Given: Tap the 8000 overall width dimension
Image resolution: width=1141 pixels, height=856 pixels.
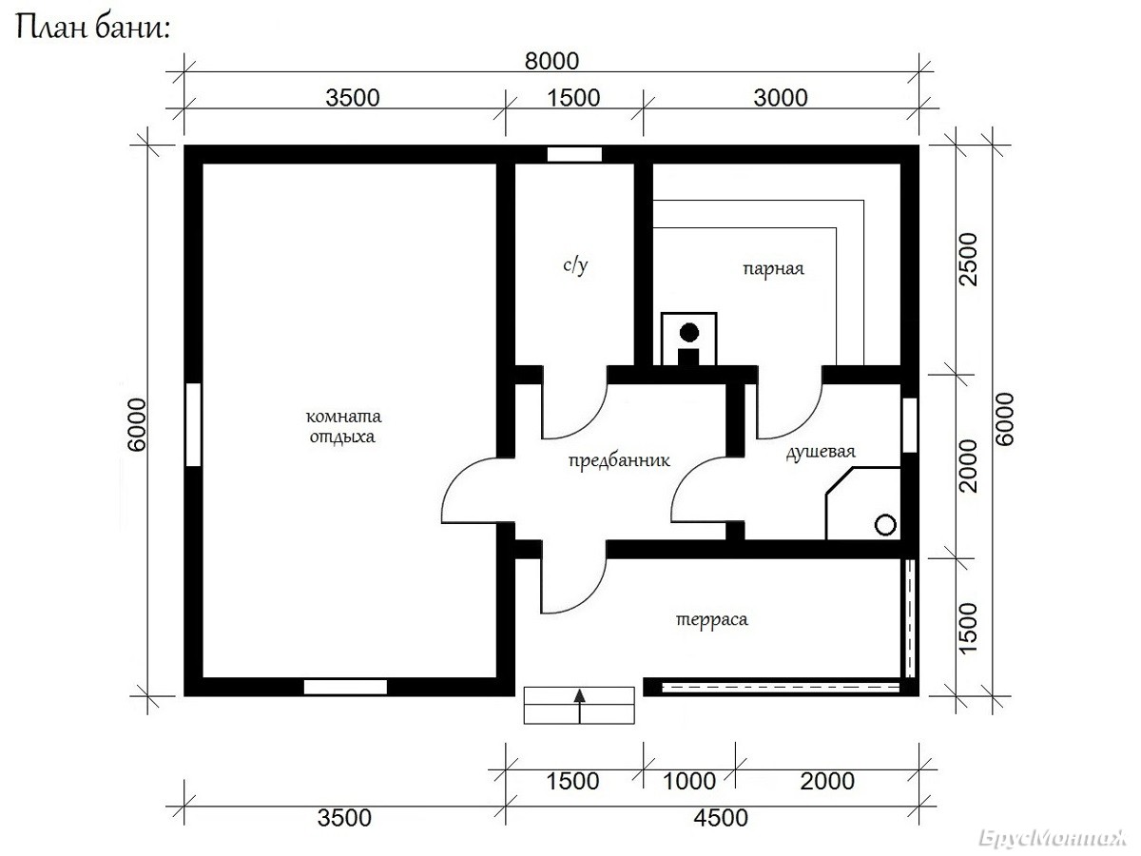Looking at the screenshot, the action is [551, 61].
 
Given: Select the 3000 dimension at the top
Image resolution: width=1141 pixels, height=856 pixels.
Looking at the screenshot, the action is [781, 98].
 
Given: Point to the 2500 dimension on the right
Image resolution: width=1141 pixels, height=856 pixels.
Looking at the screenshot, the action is [969, 260].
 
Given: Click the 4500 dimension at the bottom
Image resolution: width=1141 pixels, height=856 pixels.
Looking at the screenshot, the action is [721, 818].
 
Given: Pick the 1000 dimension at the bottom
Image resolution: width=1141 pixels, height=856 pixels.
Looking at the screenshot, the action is [689, 781].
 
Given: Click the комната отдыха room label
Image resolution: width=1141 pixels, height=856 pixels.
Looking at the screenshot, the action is [343, 426].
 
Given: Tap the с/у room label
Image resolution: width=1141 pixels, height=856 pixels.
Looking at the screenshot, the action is [575, 265].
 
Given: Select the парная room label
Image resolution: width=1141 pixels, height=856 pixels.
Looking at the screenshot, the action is [773, 269].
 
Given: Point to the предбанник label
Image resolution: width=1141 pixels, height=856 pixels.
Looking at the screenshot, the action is [619, 460].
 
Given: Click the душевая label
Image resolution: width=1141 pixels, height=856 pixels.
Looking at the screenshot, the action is [821, 452].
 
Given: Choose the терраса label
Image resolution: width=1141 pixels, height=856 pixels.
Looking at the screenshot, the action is [711, 619].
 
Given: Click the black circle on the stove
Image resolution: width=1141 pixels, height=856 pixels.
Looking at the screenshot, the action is [689, 333].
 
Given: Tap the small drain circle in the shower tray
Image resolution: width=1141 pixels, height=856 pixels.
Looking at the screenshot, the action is [885, 525].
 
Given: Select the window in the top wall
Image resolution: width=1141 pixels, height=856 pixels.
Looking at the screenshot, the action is [574, 154].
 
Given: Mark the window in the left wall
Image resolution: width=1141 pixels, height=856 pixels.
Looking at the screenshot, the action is [193, 424].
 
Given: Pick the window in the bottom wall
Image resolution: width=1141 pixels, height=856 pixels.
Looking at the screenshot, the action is [345, 687].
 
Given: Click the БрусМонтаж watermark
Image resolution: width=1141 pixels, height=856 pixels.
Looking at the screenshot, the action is [1052, 838].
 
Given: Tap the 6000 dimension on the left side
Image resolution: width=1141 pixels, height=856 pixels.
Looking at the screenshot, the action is [138, 424].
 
